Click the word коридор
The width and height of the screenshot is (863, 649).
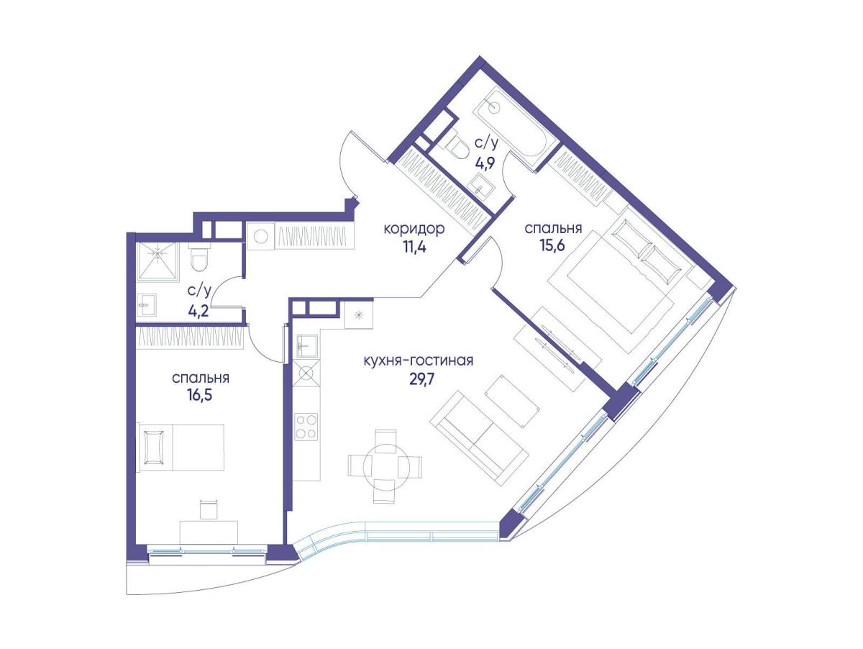[x=414, y=229]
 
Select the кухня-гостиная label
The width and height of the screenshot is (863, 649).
[x=418, y=360]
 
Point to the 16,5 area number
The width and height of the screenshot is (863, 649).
[x=200, y=394]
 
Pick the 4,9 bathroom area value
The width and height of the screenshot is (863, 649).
[x=486, y=162]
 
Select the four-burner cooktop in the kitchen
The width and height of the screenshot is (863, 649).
[x=306, y=427]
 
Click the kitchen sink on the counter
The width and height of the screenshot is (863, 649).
[x=306, y=346]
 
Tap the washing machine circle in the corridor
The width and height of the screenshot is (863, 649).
[x=260, y=237]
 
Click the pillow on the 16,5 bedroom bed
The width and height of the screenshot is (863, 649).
[x=154, y=447]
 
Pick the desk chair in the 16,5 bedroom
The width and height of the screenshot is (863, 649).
[x=208, y=509]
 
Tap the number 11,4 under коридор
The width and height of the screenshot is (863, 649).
[x=414, y=248]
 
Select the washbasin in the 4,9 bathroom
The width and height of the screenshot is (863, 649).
[x=481, y=187]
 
